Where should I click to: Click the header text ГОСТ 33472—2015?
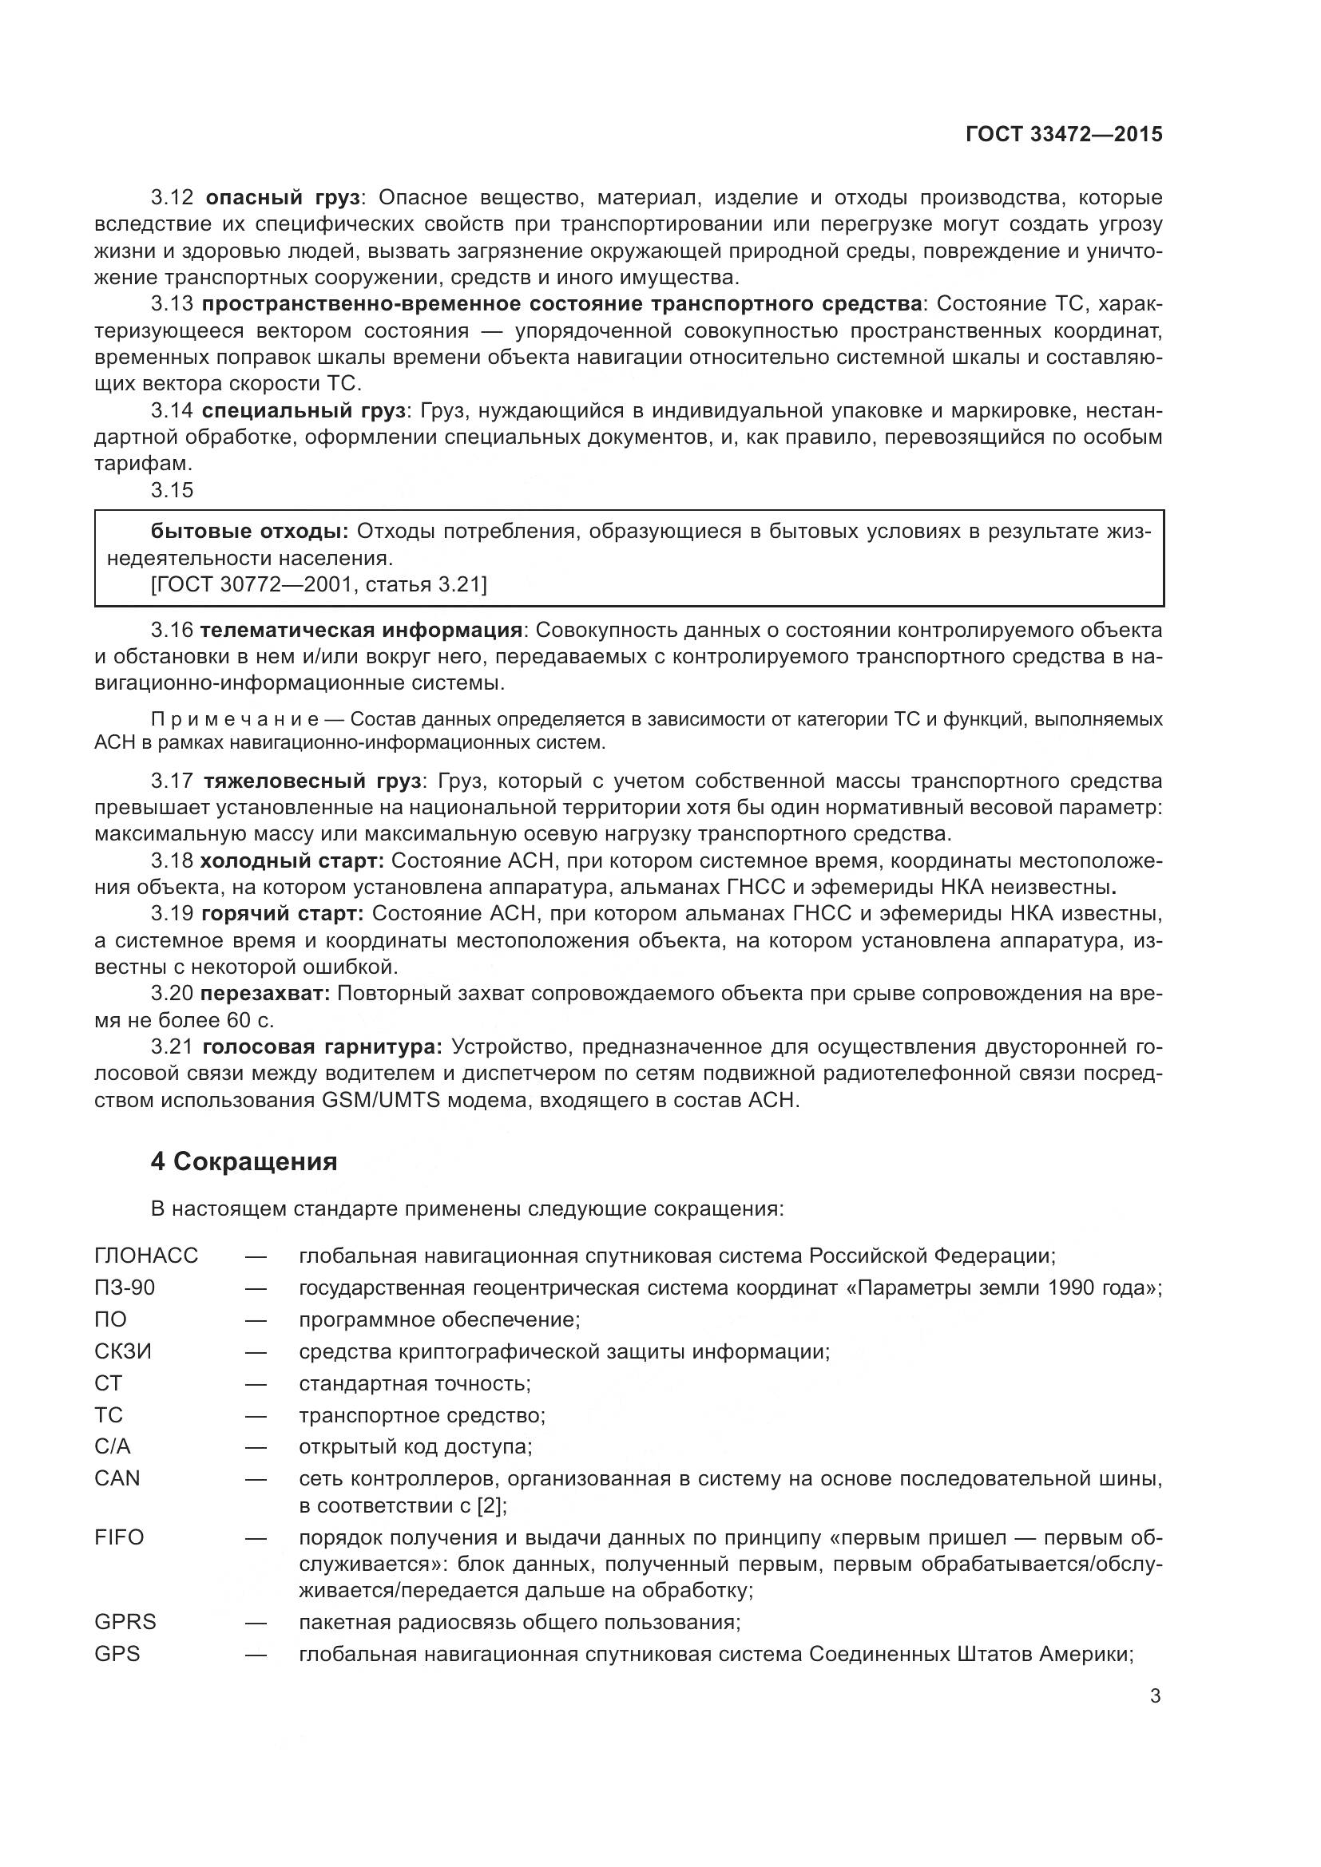(1063, 134)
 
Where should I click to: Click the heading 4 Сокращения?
(244, 1161)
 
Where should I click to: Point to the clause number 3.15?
(172, 489)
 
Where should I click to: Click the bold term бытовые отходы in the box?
(249, 532)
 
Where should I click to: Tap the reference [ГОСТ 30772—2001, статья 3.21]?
(319, 583)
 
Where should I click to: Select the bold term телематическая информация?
(361, 631)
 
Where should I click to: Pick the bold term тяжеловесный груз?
(312, 781)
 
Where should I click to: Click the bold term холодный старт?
(292, 861)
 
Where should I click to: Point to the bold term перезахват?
(265, 994)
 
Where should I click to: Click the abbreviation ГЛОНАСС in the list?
(146, 1256)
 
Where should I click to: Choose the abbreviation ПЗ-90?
(125, 1288)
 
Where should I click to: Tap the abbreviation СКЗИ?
(123, 1351)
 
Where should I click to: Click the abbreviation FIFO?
(119, 1537)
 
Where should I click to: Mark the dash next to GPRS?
(256, 1622)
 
